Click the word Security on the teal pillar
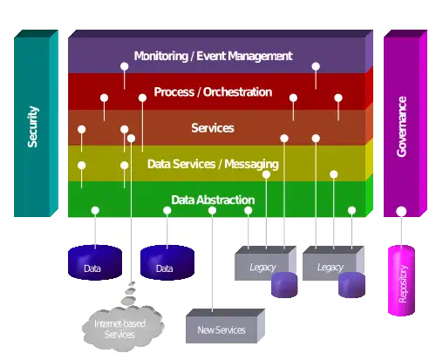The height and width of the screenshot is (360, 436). [33, 126]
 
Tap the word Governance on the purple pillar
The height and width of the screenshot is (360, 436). [402, 126]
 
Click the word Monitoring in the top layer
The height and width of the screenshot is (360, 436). [161, 56]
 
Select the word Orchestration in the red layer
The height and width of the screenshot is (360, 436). [237, 92]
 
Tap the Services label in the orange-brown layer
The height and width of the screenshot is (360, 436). [213, 128]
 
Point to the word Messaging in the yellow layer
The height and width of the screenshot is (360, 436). [251, 165]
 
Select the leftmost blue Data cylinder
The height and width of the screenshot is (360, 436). [95, 262]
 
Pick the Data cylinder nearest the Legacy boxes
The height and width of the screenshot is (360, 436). [167, 262]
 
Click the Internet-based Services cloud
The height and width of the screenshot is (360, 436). [122, 329]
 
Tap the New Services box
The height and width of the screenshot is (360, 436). [225, 326]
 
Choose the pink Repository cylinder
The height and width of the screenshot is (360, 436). [401, 281]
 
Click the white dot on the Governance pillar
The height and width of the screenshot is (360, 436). [401, 211]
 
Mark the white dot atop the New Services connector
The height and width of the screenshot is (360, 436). [212, 210]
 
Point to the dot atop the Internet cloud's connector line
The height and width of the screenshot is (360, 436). [131, 139]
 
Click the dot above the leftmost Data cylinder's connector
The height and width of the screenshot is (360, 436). [95, 210]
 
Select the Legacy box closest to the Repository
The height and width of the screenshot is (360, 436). [333, 263]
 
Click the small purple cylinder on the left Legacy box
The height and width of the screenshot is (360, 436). [284, 285]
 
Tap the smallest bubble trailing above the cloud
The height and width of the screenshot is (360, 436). [133, 283]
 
